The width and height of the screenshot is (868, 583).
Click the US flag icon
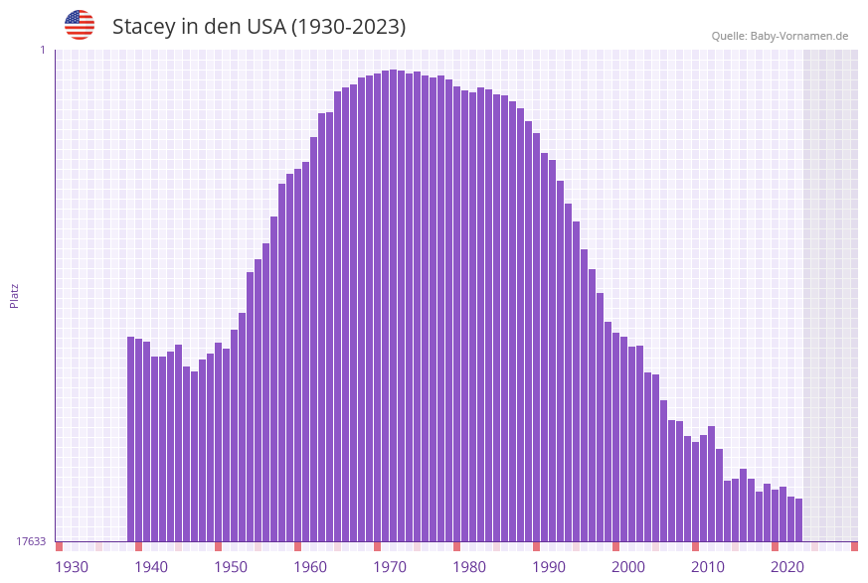tap(80, 25)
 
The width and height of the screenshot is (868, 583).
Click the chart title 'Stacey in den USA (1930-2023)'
tap(259, 27)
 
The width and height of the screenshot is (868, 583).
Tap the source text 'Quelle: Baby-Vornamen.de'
tap(780, 36)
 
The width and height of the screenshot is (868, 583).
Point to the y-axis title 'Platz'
tap(15, 295)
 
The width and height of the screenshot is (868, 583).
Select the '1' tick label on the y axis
tap(42, 50)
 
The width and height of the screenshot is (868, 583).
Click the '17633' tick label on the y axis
tap(31, 541)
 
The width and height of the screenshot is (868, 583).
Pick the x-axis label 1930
tap(72, 567)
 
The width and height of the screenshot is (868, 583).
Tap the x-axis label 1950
tap(231, 567)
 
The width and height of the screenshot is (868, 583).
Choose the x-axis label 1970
tap(390, 567)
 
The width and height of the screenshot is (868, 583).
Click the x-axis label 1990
tap(549, 567)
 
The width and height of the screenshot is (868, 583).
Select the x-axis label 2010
tap(708, 567)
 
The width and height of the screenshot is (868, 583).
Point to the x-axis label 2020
tap(787, 567)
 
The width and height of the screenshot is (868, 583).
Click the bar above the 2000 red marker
tap(616, 437)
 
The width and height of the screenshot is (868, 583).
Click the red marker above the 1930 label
tap(60, 546)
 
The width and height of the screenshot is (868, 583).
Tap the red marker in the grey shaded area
tap(854, 546)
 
